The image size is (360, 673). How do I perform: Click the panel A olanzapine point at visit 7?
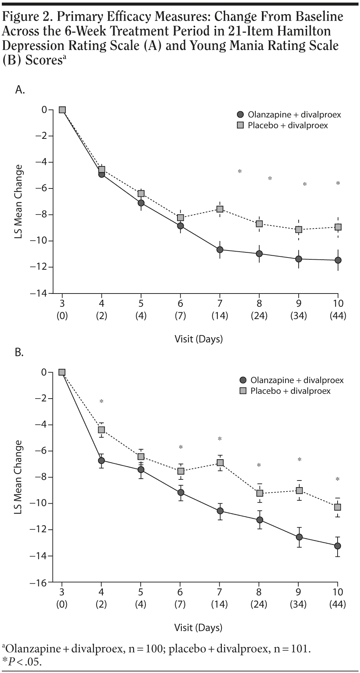pos(220,250)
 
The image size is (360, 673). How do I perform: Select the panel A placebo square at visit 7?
pos(220,209)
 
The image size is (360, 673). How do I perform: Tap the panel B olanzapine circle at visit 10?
pos(337,546)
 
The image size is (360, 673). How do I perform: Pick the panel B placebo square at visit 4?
pos(101,429)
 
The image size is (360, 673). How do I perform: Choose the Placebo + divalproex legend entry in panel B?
pos(286,391)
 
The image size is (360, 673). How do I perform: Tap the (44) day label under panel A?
pos(338,316)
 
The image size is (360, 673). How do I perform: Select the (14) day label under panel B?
pos(220,604)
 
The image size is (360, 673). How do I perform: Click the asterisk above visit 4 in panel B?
pos(101,402)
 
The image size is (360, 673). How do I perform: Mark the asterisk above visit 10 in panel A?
pos(338,183)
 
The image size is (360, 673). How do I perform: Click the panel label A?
pos(20,90)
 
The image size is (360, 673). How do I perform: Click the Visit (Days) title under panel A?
pos(198,339)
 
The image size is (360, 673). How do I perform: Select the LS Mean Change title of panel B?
pos(18,477)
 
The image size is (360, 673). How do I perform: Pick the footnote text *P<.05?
pos(22,662)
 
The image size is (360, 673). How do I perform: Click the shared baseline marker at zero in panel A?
pos(62,110)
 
